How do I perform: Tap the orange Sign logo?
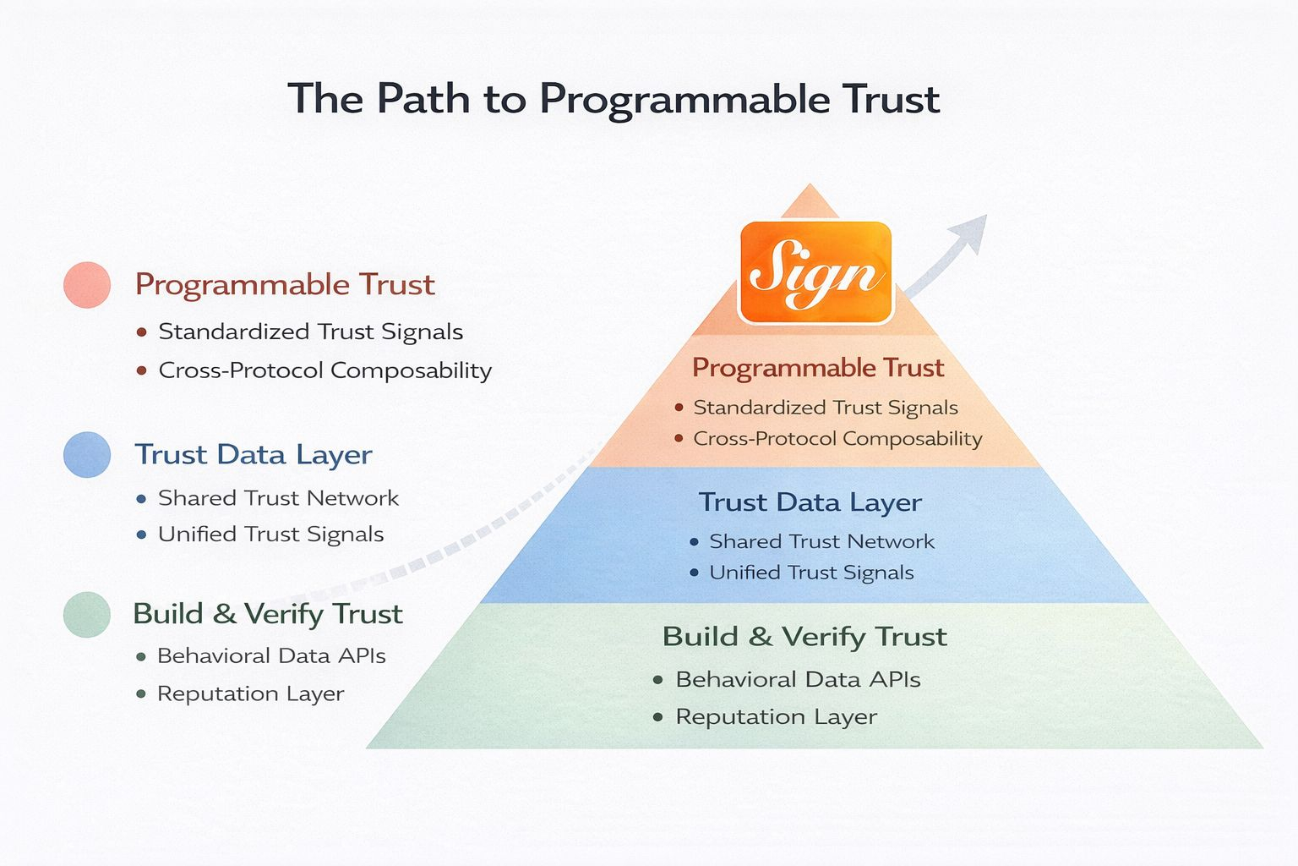coord(815,272)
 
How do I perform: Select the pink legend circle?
coord(87,285)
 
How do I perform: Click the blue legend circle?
coord(87,454)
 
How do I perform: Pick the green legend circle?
coord(87,614)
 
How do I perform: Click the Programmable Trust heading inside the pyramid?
coord(817,368)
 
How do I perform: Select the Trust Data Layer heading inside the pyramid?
coord(810,502)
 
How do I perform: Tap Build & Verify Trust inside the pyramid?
coord(804,637)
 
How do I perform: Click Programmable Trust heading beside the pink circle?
coord(285,285)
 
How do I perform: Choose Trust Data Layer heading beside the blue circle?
coord(254,455)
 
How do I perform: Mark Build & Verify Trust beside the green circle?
coord(267,614)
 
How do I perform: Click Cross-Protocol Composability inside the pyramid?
coord(837,439)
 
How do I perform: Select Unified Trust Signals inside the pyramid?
coord(811,573)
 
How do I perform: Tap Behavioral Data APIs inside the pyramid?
coord(798,680)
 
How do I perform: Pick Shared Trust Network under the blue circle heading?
coord(278,498)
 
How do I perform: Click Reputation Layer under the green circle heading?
coord(250,694)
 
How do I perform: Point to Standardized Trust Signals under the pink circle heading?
coord(310,332)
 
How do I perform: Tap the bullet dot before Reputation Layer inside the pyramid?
coord(657,717)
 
